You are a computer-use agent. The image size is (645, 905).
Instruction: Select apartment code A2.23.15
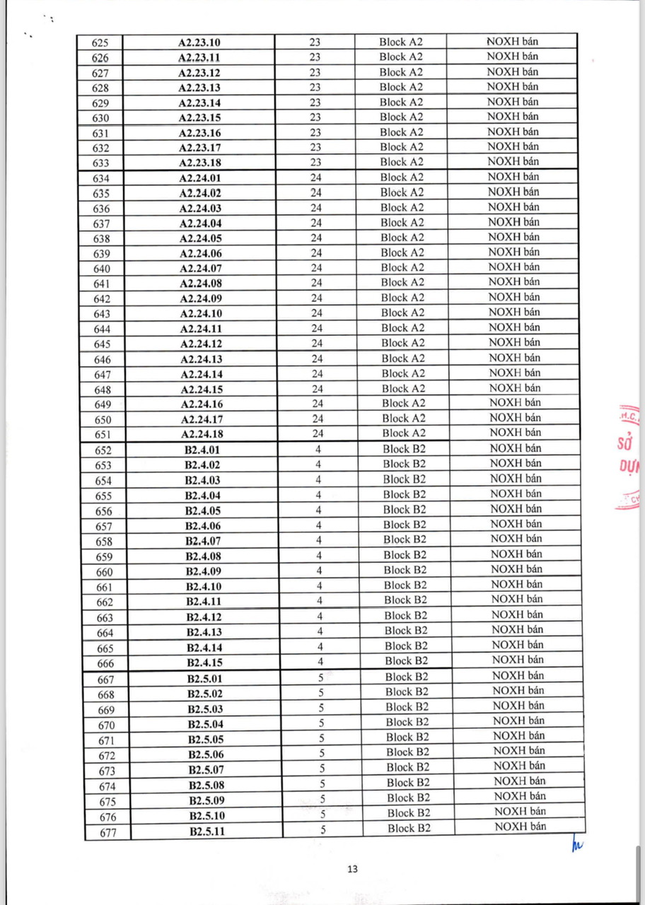tap(199, 117)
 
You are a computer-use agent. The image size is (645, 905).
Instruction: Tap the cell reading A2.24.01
tap(200, 178)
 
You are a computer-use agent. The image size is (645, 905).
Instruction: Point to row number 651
tap(103, 435)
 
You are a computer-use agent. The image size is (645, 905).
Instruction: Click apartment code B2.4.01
tap(203, 450)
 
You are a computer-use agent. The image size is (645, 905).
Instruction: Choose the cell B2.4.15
tap(204, 662)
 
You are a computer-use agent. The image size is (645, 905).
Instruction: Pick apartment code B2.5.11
tap(207, 831)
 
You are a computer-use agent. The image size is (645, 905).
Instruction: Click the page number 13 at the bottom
tap(352, 870)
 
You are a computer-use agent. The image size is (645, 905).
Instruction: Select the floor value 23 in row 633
tap(315, 163)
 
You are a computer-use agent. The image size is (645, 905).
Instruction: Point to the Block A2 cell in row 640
tap(402, 268)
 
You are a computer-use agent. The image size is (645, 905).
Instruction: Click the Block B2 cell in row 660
tap(405, 571)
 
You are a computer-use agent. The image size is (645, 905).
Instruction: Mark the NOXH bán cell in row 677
tap(521, 827)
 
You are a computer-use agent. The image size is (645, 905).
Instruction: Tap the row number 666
tap(105, 663)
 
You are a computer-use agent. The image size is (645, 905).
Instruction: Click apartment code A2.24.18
tap(202, 434)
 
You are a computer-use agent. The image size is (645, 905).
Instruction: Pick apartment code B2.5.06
tap(206, 754)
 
